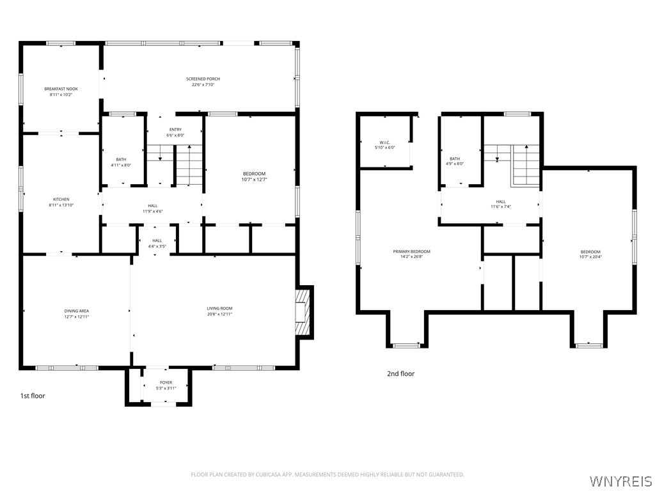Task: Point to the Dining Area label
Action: [76, 311]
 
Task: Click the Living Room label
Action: [219, 309]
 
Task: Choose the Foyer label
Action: [166, 382]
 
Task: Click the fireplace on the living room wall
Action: [304, 311]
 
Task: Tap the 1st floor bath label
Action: [121, 159]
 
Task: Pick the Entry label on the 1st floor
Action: [175, 130]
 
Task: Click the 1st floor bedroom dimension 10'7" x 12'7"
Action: [254, 180]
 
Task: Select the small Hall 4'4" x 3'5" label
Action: [157, 246]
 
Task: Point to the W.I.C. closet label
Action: [384, 143]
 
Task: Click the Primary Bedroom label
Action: [411, 251]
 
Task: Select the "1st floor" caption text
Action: [33, 396]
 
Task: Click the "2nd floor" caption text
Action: [400, 374]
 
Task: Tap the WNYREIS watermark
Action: [621, 480]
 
